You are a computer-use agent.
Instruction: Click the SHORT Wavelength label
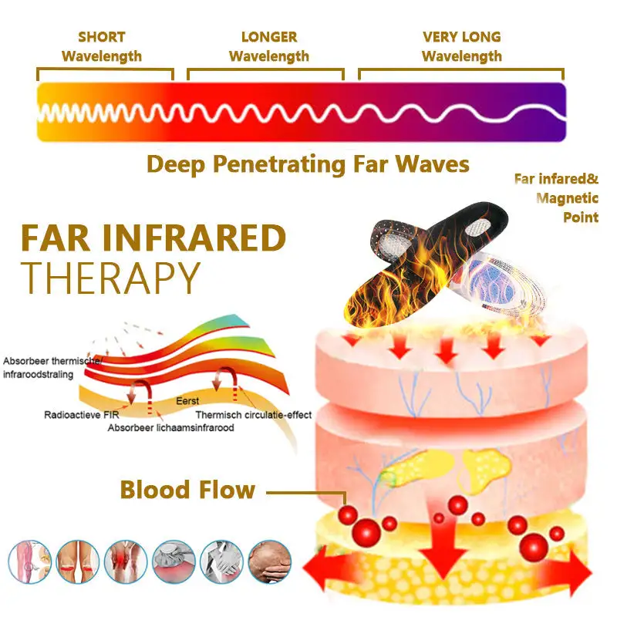(101, 46)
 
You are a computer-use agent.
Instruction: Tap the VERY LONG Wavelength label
(461, 46)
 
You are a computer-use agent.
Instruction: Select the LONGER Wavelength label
(268, 46)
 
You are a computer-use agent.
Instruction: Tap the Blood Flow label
(187, 490)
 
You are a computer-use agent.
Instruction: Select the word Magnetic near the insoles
(566, 198)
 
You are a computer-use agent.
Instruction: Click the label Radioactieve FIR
(76, 415)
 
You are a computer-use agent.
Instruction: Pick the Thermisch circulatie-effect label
(254, 415)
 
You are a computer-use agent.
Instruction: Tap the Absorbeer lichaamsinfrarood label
(170, 427)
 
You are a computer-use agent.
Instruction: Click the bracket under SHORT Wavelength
(105, 73)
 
